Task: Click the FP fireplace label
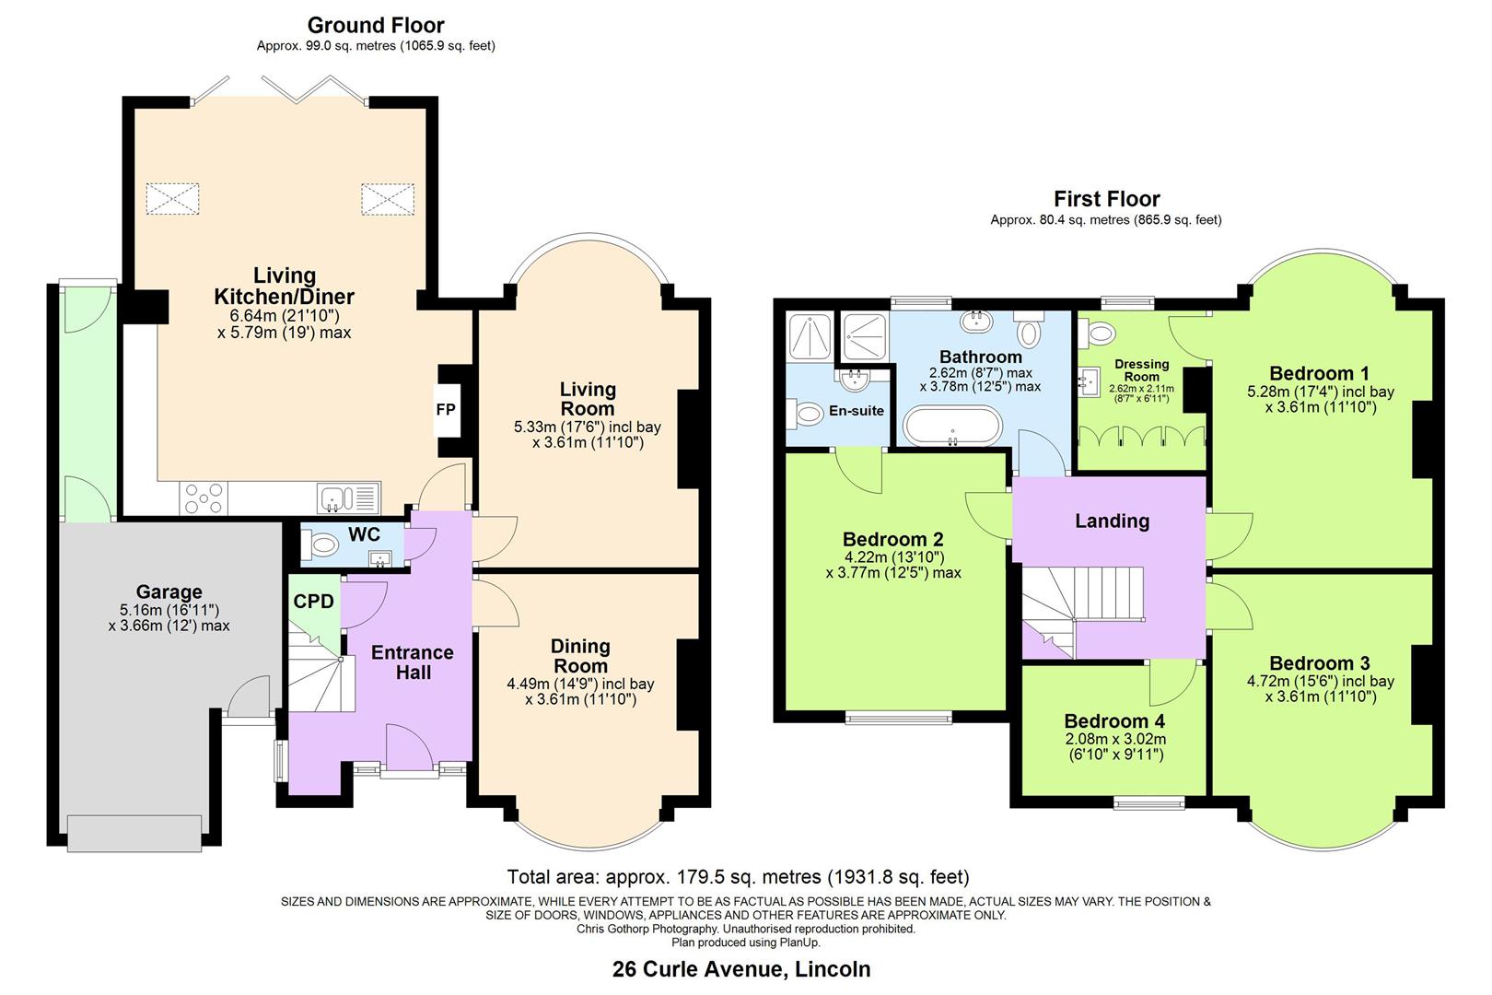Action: pyautogui.click(x=446, y=409)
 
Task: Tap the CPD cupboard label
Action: pyautogui.click(x=313, y=602)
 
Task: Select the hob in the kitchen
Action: pyautogui.click(x=204, y=498)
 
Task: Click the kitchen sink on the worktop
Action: pyautogui.click(x=337, y=498)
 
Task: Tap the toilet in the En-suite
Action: pyautogui.click(x=808, y=415)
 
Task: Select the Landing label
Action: pyautogui.click(x=1112, y=521)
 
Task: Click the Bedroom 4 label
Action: pyautogui.click(x=1113, y=720)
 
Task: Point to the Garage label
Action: pyautogui.click(x=169, y=591)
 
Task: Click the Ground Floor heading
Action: pyautogui.click(x=376, y=25)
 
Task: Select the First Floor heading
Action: pyautogui.click(x=1106, y=198)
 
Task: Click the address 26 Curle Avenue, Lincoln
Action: pyautogui.click(x=741, y=968)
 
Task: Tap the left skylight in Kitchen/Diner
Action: pyautogui.click(x=172, y=198)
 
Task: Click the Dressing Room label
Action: pyautogui.click(x=1141, y=369)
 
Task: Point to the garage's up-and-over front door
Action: pyautogui.click(x=134, y=834)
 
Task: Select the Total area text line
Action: pyautogui.click(x=738, y=876)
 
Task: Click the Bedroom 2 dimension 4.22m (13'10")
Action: pyautogui.click(x=893, y=556)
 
